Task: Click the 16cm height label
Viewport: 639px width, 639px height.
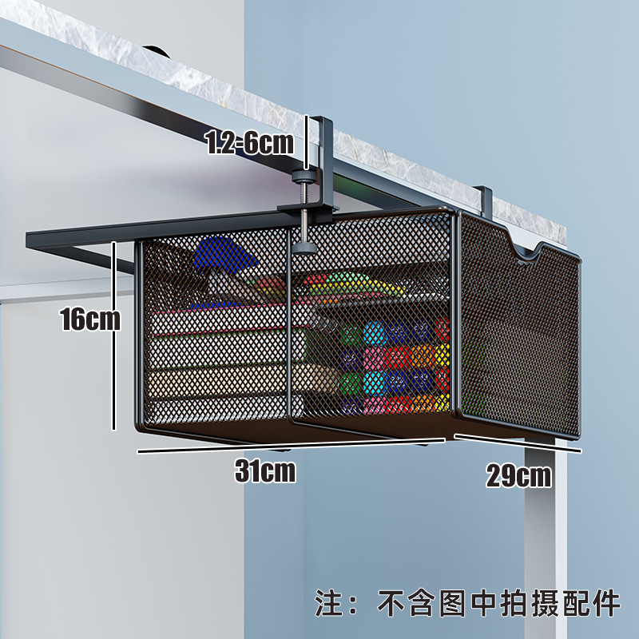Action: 89,319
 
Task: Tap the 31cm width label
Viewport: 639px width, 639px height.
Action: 265,471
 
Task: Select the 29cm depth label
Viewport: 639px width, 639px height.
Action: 519,476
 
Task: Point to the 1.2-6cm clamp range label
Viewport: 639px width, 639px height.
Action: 249,143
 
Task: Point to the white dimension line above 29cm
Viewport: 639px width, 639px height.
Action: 518,443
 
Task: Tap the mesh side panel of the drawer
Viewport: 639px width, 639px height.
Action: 519,335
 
